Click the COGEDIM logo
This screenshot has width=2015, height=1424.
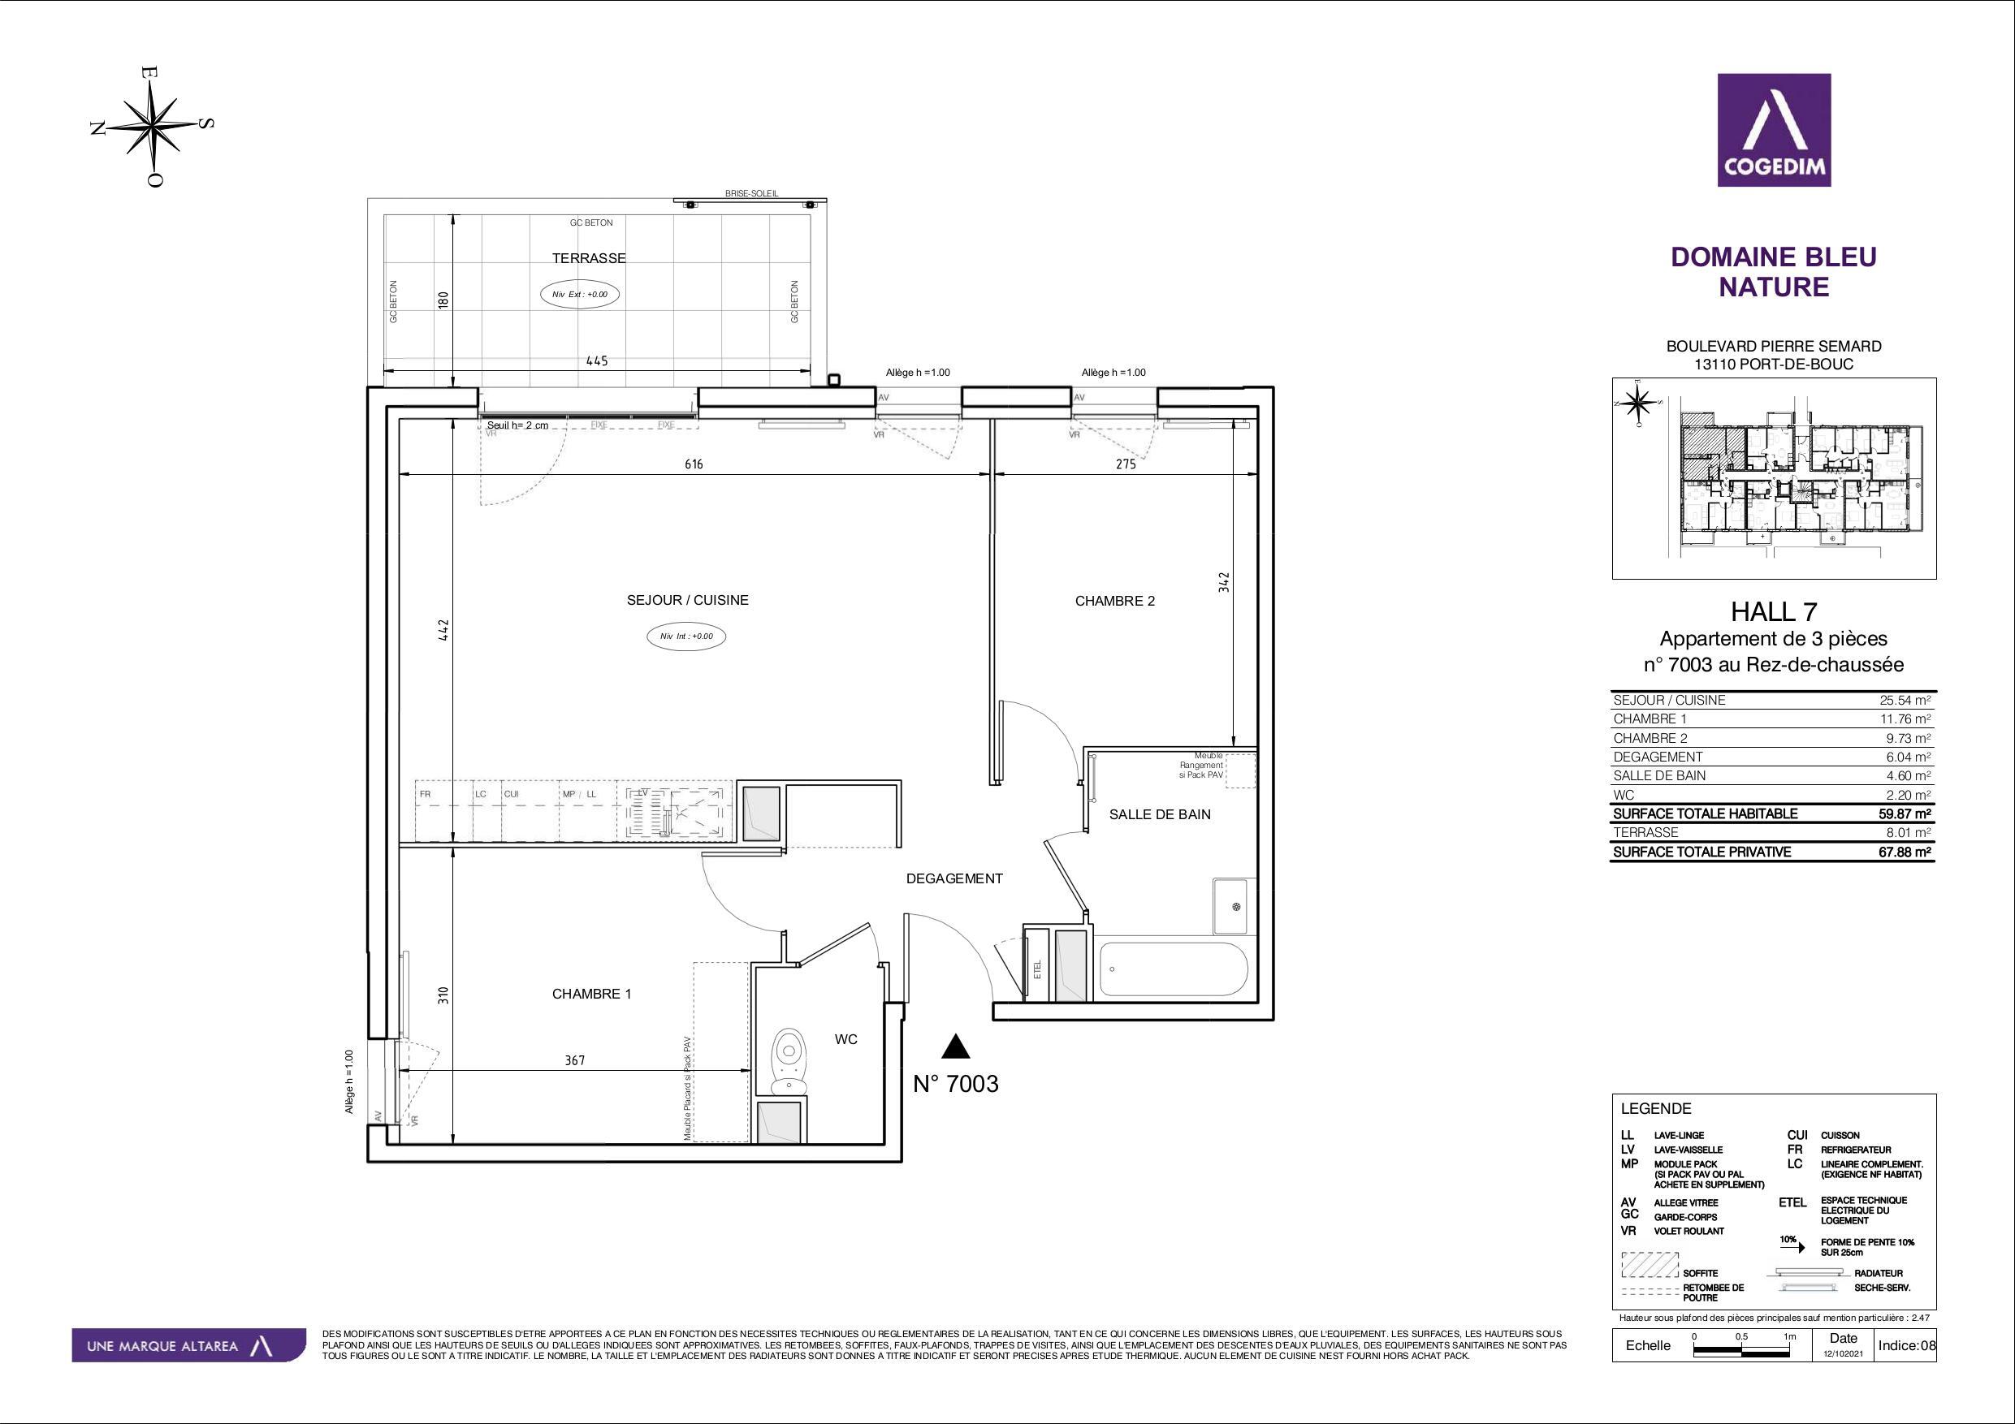tap(1774, 130)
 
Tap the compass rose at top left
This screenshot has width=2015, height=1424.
tap(154, 127)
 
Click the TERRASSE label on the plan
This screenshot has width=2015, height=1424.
tap(588, 258)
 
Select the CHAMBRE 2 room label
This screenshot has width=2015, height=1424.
tap(1114, 601)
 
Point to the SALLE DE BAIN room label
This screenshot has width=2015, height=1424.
tap(1159, 814)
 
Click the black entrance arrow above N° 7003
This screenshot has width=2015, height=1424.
tap(956, 1046)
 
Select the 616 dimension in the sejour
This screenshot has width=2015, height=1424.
tap(694, 464)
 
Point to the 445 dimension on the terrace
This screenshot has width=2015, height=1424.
tap(597, 360)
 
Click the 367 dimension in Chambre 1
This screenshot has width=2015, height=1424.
tap(574, 1060)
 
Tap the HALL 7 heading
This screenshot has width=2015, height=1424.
tap(1773, 611)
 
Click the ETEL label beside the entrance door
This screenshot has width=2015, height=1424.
tap(1037, 969)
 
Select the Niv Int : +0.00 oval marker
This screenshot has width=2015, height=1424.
tap(686, 636)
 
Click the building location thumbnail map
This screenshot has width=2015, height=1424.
tap(1773, 478)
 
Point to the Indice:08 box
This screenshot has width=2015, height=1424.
tap(1905, 1346)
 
